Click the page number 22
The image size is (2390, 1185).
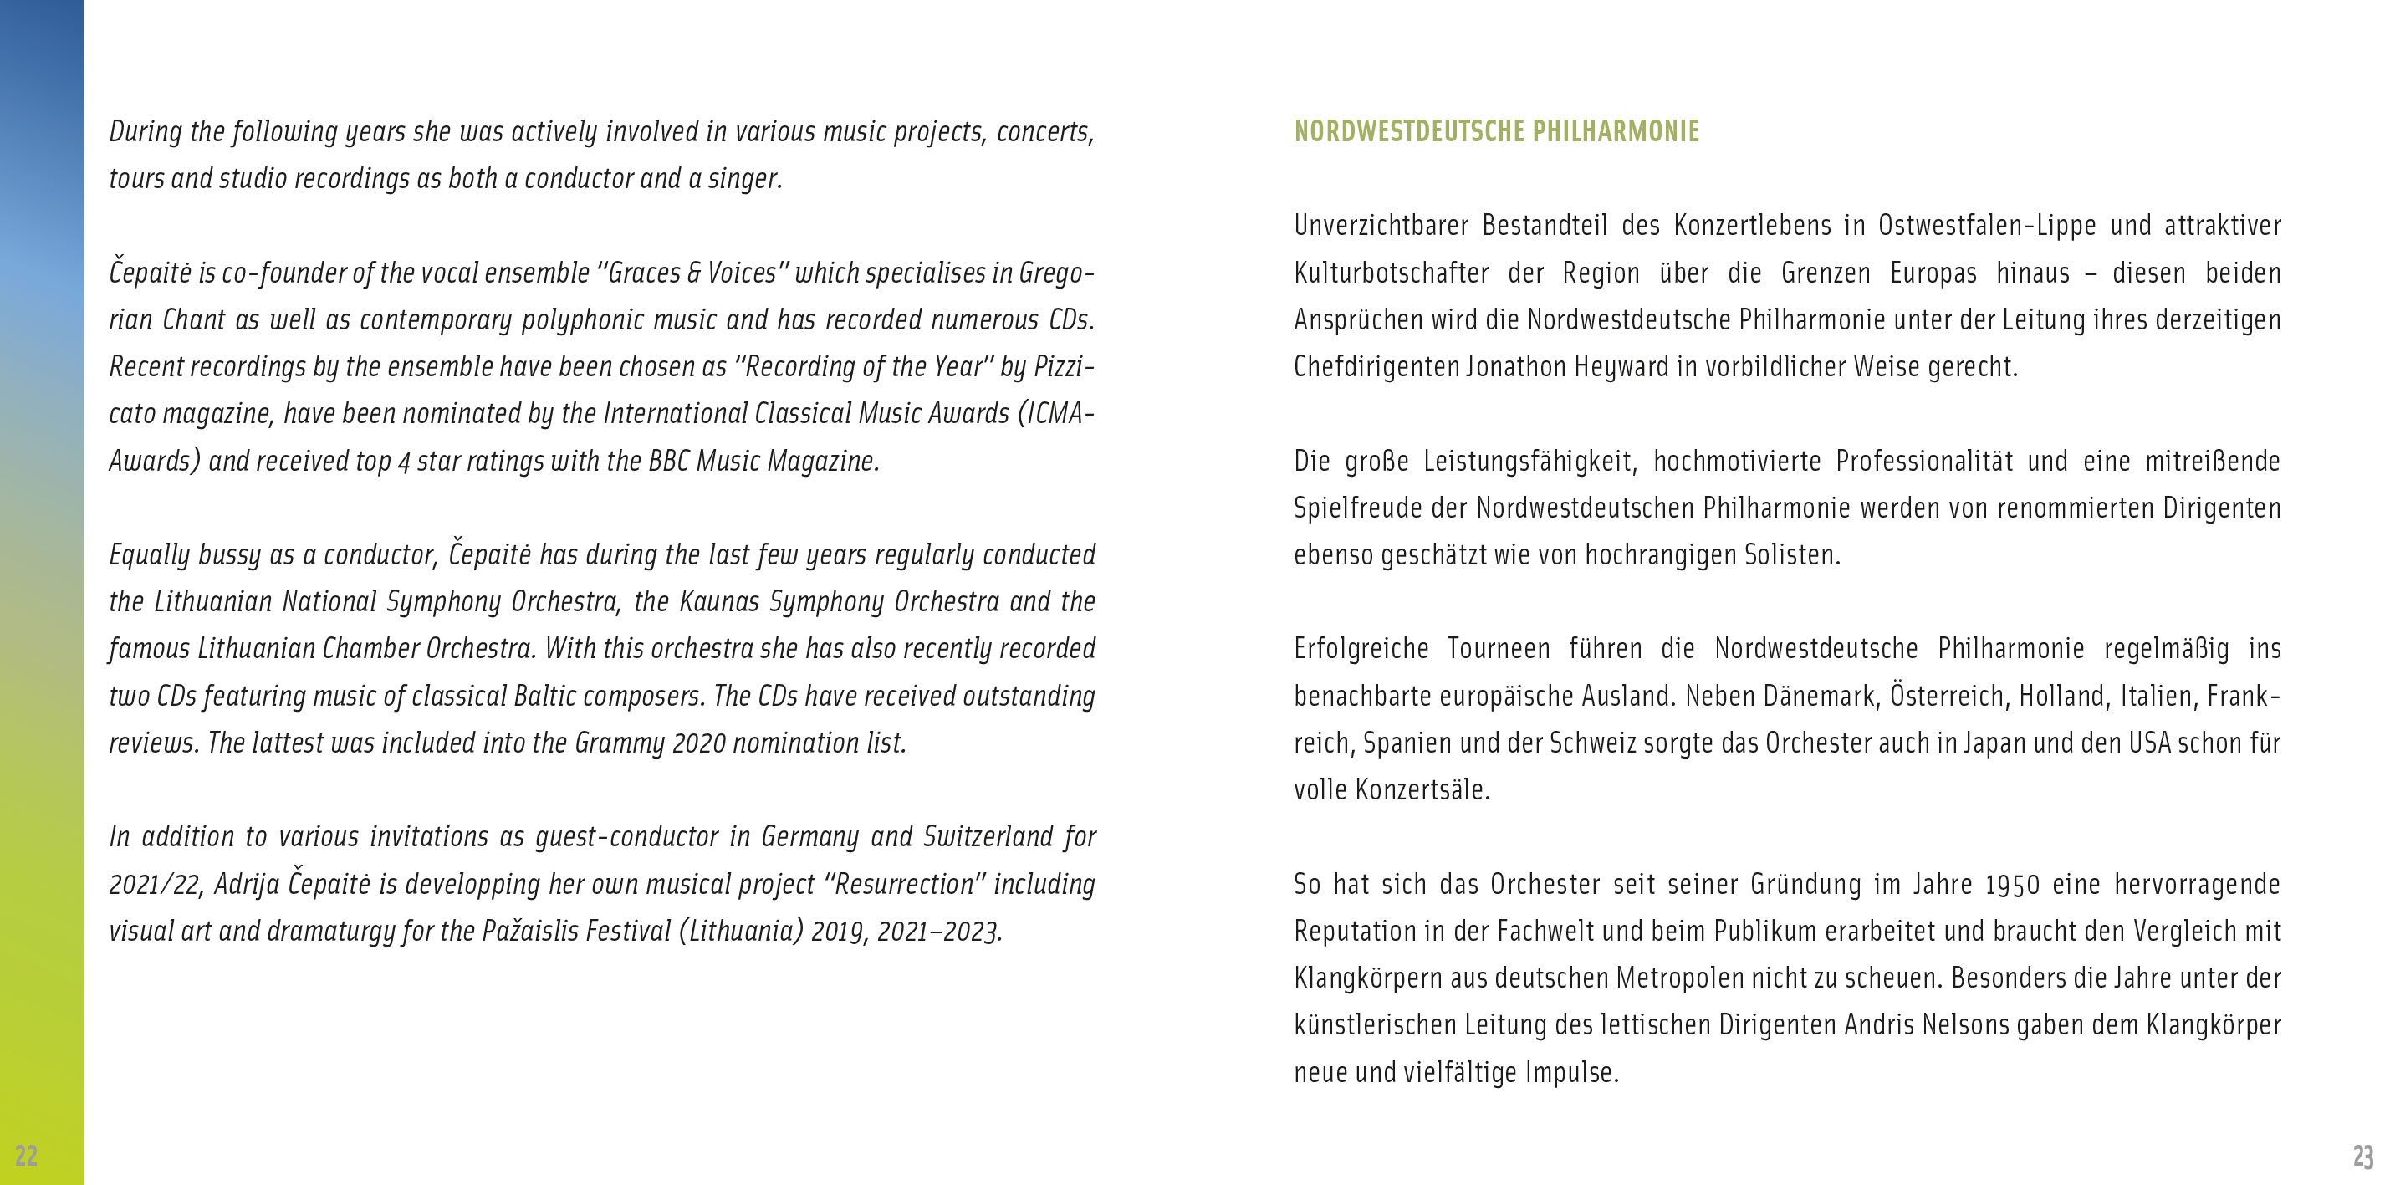pos(26,1155)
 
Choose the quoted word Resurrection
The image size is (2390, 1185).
pos(905,884)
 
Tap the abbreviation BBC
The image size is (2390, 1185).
pos(668,461)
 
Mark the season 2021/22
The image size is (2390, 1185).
pos(155,884)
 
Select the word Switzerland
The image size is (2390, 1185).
pos(987,837)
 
